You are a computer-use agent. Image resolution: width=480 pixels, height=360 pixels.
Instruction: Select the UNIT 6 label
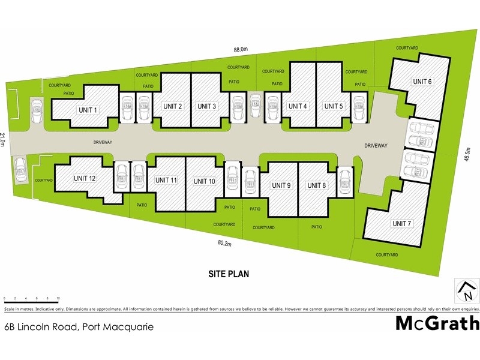coord(422,82)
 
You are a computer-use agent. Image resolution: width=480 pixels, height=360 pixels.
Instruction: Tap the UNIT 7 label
coord(401,224)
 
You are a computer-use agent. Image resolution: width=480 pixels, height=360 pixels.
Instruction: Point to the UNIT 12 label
coord(85,178)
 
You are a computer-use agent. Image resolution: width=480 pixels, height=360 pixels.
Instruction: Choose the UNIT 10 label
coord(204,181)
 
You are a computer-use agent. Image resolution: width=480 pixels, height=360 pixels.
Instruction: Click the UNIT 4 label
coord(298,106)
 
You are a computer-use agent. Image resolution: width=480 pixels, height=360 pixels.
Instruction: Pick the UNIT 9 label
coord(281,185)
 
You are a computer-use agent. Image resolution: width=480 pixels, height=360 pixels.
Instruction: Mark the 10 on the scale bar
coord(58,298)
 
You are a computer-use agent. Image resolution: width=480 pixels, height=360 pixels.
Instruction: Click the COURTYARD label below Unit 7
coord(387,255)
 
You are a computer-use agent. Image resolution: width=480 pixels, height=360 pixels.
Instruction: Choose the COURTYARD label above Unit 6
coord(407,47)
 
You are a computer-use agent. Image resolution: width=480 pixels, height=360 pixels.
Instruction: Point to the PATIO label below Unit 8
coord(317,227)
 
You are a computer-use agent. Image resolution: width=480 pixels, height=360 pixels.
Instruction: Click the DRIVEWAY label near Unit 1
coord(103,142)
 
